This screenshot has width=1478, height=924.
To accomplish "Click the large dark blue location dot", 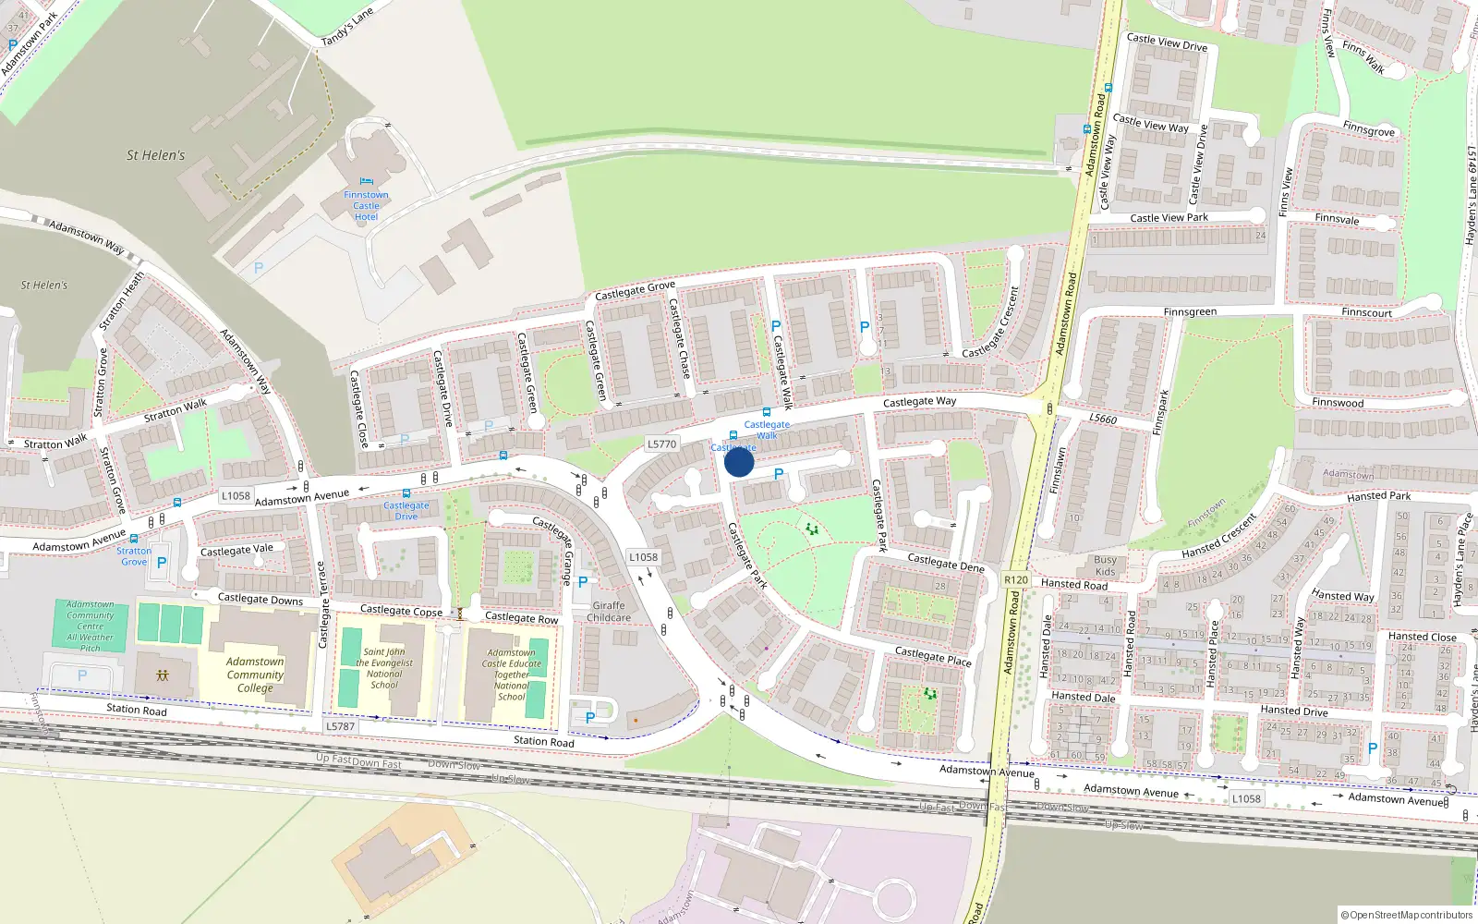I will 739,462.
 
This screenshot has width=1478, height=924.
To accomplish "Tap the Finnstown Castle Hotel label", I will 366,206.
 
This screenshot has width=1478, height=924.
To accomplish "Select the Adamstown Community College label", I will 255,675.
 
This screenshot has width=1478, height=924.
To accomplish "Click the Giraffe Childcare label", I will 609,612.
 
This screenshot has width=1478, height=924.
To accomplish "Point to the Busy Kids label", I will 1105,565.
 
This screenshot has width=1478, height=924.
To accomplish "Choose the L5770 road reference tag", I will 661,444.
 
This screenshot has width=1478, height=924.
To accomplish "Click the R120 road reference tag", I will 1015,580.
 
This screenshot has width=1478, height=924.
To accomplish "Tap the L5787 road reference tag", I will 340,726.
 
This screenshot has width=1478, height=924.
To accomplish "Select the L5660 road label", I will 1103,419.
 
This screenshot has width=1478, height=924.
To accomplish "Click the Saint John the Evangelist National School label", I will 384,668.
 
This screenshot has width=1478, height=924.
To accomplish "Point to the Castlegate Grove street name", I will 635,290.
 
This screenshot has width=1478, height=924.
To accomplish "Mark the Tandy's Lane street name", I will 347,28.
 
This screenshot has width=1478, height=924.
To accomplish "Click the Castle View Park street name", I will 1169,218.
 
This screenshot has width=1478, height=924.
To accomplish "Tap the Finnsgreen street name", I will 1190,312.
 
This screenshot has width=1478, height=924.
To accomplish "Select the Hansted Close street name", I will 1422,637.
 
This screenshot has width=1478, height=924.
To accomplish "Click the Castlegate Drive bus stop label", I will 406,511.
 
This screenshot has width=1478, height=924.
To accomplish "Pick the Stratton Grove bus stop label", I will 134,556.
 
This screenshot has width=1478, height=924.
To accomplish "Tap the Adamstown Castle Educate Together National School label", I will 511,675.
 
